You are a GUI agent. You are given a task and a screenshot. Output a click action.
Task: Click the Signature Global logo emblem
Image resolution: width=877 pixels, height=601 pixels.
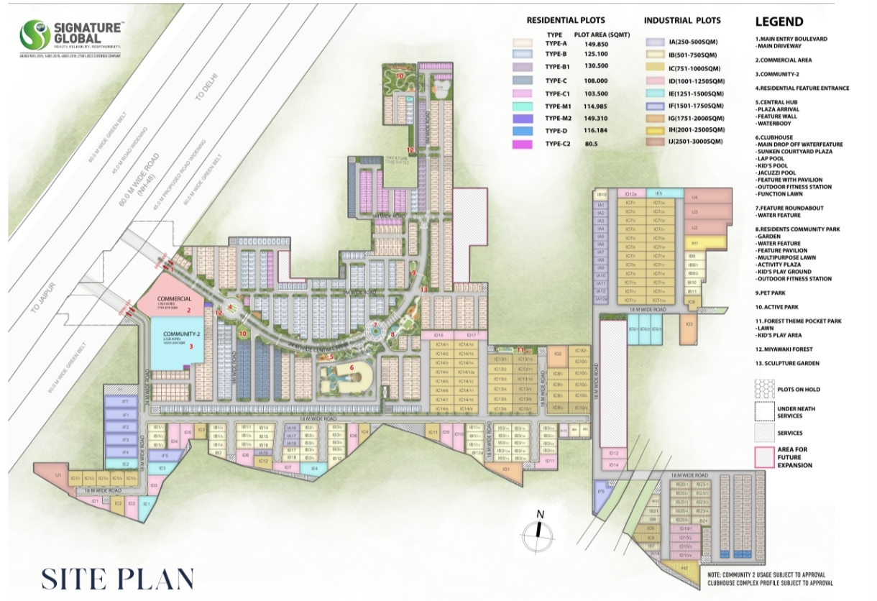pos(35,35)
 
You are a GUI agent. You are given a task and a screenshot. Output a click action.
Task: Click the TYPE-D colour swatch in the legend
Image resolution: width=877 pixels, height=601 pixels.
pos(523,131)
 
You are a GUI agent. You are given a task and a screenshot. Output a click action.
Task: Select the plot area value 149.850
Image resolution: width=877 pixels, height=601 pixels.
pos(596,43)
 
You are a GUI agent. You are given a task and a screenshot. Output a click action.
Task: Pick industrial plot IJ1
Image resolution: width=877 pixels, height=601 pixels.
pos(55,475)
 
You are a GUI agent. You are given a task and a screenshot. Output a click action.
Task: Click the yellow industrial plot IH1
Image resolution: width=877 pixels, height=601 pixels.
pos(694,244)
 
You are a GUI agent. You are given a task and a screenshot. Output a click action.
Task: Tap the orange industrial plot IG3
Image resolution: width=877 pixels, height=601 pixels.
pos(689,325)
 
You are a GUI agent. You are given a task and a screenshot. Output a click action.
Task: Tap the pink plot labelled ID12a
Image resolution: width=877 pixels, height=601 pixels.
pos(630,193)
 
